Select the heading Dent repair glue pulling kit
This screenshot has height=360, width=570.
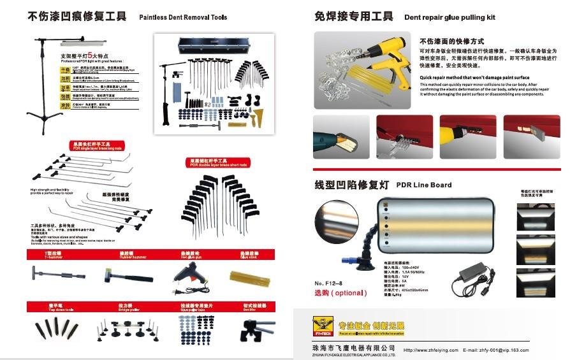449,17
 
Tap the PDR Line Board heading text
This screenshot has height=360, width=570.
424,185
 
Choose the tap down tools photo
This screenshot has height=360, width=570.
56,329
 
